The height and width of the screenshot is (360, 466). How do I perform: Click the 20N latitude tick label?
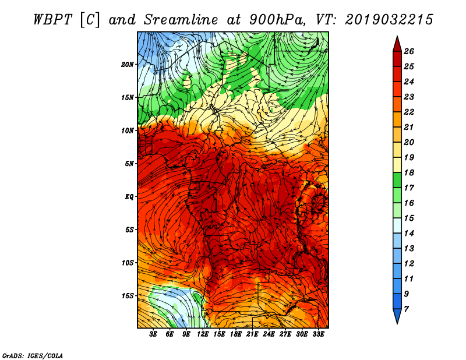click(127, 65)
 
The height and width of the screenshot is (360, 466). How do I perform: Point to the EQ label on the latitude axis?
click(129, 197)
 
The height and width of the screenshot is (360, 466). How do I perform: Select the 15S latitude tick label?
click(127, 296)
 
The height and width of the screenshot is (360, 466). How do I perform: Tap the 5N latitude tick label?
click(129, 164)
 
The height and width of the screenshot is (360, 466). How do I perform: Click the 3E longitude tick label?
click(153, 334)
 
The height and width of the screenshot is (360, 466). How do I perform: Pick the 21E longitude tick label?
click(252, 334)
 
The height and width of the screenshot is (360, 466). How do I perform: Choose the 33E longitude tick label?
click(318, 334)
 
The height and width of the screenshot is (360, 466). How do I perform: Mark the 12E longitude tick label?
click(202, 334)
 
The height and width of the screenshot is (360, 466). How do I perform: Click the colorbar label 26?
click(409, 51)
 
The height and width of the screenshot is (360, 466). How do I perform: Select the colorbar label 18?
click(409, 172)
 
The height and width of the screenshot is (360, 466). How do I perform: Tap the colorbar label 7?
click(406, 309)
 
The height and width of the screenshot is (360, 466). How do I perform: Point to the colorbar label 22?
click(409, 112)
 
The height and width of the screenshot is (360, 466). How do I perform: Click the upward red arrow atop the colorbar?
click(397, 44)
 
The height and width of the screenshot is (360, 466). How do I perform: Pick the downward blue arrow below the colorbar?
click(397, 316)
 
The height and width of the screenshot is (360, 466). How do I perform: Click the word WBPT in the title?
click(52, 20)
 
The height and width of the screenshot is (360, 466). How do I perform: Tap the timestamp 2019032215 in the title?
click(389, 20)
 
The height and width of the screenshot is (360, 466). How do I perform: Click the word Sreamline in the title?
click(181, 20)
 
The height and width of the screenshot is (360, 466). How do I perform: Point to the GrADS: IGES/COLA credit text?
click(33, 355)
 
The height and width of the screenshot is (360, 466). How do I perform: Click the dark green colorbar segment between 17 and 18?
click(397, 180)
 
